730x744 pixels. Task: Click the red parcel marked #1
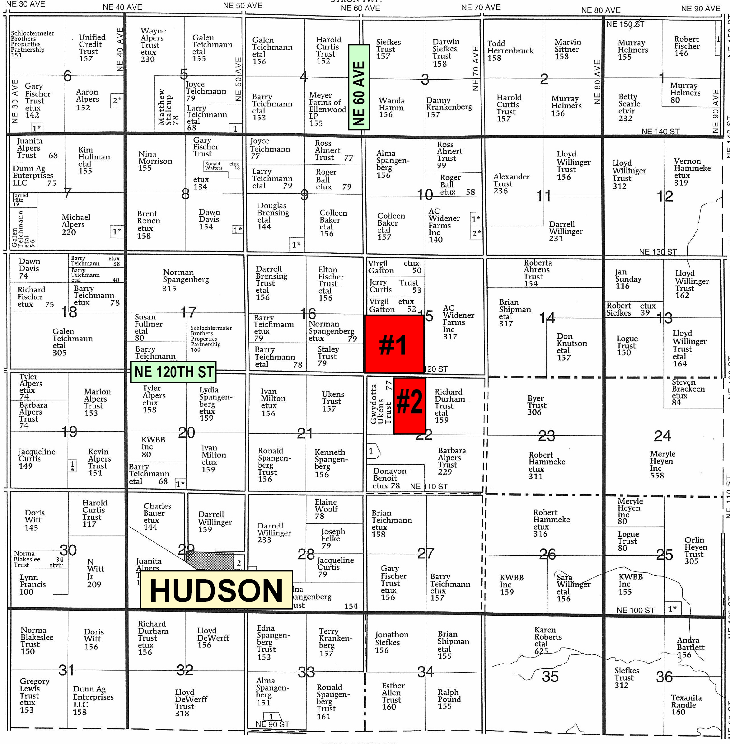click(394, 344)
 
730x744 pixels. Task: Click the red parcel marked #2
click(409, 405)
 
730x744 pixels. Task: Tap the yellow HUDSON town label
click(216, 590)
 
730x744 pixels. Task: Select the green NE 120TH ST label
click(173, 372)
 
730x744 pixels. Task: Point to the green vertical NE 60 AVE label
click(359, 87)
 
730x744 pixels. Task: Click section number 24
click(662, 436)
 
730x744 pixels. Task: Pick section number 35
click(550, 676)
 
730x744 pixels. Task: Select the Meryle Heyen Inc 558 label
click(662, 464)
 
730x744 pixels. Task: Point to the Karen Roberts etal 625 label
click(545, 640)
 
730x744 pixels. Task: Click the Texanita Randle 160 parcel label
click(686, 704)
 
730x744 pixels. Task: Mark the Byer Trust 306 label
click(536, 405)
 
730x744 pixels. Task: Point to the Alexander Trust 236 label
click(511, 184)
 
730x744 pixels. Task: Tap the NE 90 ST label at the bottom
click(272, 724)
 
